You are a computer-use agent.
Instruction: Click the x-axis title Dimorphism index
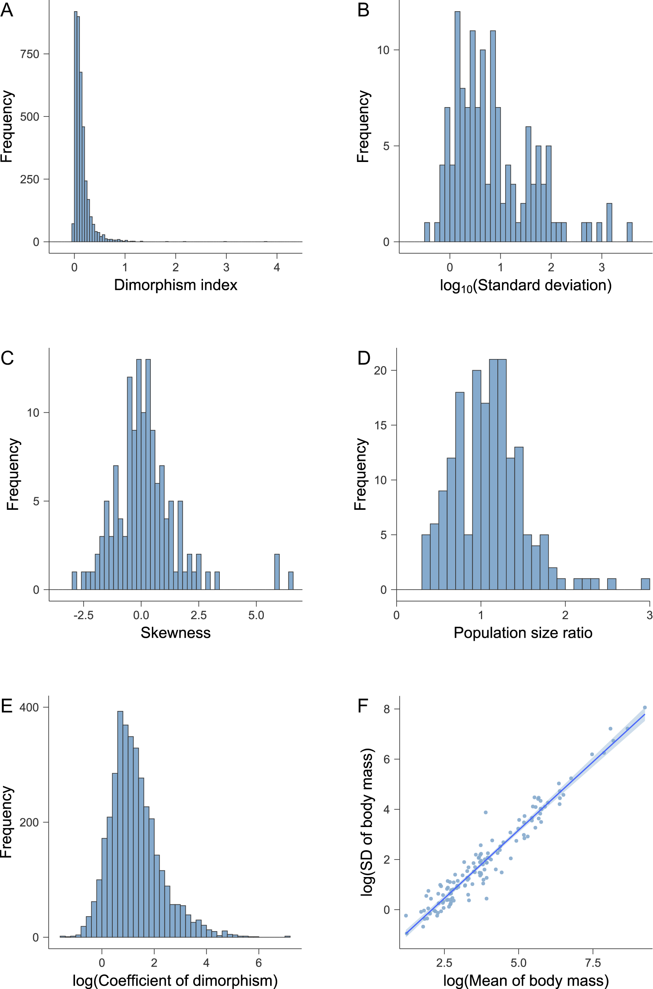click(175, 285)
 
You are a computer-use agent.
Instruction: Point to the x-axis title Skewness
click(175, 633)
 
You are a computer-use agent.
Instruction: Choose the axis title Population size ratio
click(523, 633)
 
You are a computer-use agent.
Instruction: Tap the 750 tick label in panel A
click(29, 54)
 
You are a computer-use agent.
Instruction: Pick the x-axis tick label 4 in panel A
click(276, 267)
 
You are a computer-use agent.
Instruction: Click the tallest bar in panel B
click(457, 125)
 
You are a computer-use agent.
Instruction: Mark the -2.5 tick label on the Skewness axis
click(83, 615)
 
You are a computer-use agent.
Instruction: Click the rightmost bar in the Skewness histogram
click(291, 581)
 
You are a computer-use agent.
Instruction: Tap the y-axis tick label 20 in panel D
click(380, 371)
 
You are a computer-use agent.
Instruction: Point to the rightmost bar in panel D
click(645, 584)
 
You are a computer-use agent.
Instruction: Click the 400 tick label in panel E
click(29, 707)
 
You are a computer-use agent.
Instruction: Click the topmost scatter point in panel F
click(645, 708)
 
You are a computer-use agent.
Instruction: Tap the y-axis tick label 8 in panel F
click(387, 709)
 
